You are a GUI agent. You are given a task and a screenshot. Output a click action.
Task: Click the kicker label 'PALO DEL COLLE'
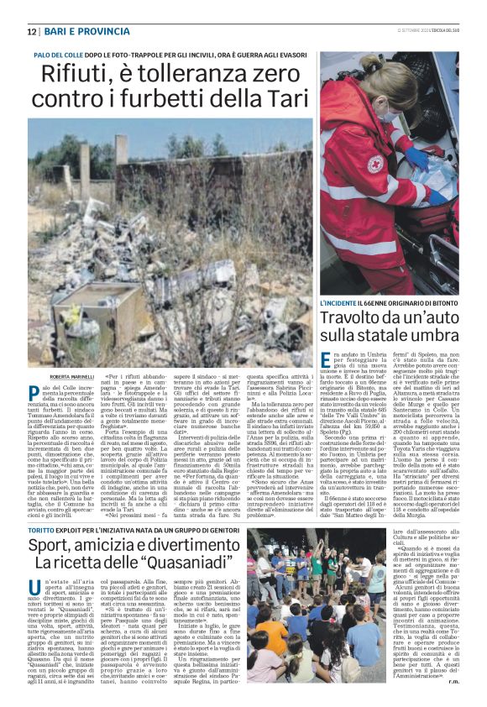coord(60,55)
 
